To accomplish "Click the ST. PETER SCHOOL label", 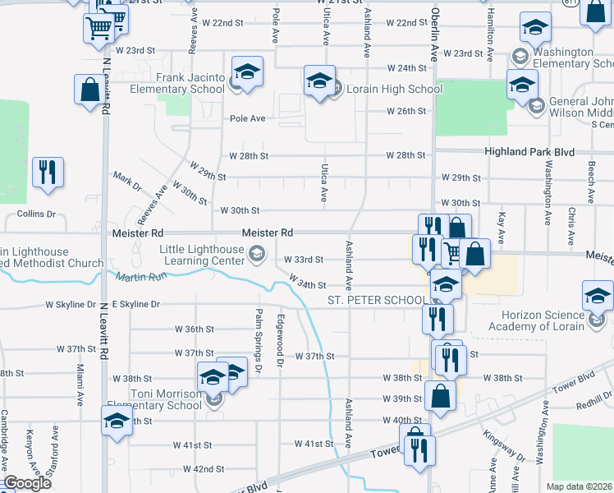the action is (x=377, y=301).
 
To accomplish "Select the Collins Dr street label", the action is (x=36, y=214).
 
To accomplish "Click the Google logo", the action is (x=28, y=484).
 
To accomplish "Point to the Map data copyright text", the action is (x=580, y=486).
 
